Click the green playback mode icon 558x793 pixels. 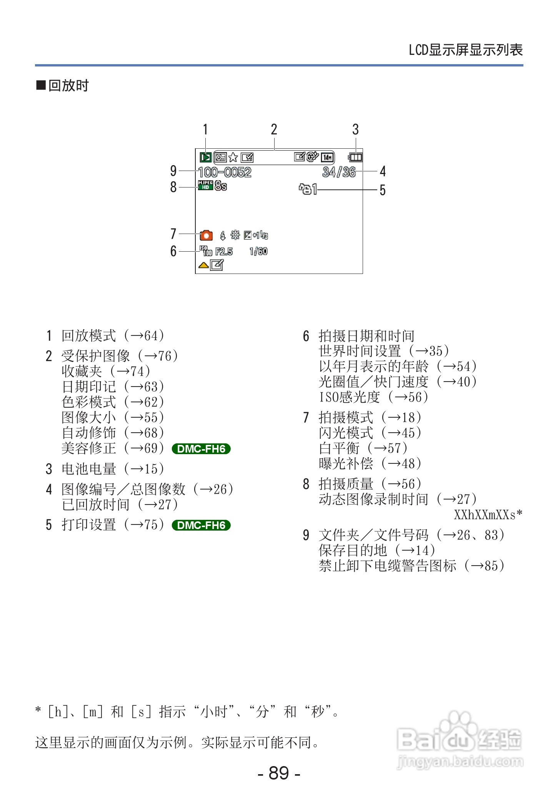click(206, 157)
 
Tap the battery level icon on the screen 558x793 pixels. click(355, 157)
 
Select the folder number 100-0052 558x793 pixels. click(225, 172)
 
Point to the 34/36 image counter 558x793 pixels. click(339, 172)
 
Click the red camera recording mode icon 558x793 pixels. click(206, 235)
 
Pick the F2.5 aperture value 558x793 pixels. click(224, 251)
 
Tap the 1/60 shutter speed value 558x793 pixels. click(258, 251)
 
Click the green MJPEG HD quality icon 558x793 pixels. click(205, 185)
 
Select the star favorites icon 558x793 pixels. click(233, 158)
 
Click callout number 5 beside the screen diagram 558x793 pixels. click(382, 190)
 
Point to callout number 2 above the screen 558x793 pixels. click(274, 129)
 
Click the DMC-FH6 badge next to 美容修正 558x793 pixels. click(201, 449)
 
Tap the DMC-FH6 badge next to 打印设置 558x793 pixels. click(201, 525)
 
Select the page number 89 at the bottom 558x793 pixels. click(279, 773)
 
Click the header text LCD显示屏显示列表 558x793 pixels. click(465, 50)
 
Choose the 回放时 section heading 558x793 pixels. click(68, 85)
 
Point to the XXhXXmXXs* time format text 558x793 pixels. click(488, 514)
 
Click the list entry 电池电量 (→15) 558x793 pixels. click(113, 469)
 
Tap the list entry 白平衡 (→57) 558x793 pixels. click(363, 448)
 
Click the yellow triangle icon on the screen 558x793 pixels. click(203, 265)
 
